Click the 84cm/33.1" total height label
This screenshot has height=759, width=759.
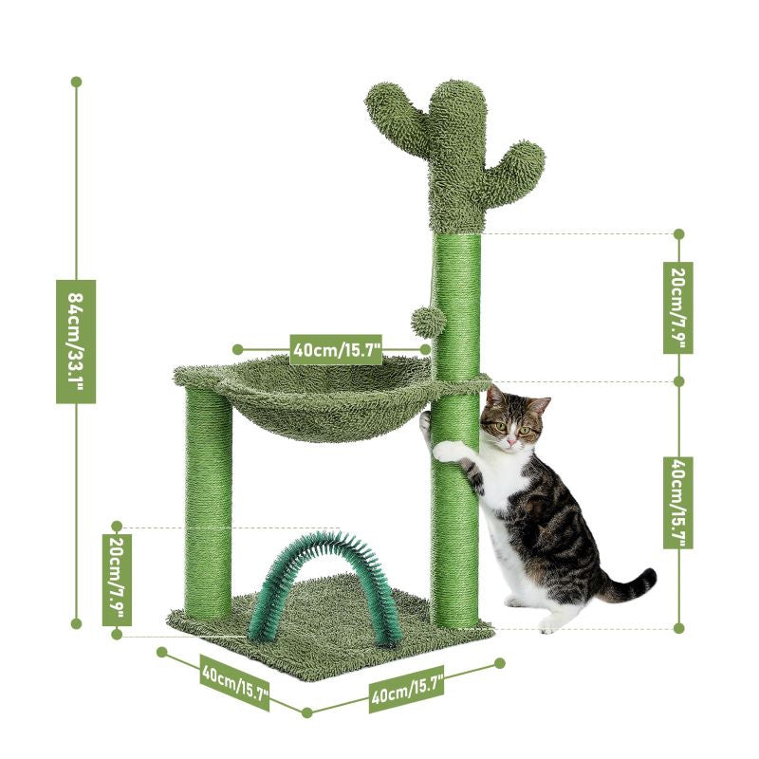pos(76,341)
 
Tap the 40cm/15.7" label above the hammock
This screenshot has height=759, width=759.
pos(337,349)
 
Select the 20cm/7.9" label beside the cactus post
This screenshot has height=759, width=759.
pos(678,307)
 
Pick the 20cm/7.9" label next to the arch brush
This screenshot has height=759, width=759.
pos(117,579)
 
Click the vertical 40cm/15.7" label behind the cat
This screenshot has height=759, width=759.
pos(678,502)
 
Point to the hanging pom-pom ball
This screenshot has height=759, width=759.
pos(424,321)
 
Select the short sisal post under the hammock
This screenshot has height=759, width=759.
pos(208,503)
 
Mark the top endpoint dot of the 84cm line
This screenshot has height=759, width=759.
pos(76,83)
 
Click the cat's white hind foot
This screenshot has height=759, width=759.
pos(548,623)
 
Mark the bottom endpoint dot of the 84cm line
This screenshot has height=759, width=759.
pos(76,623)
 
